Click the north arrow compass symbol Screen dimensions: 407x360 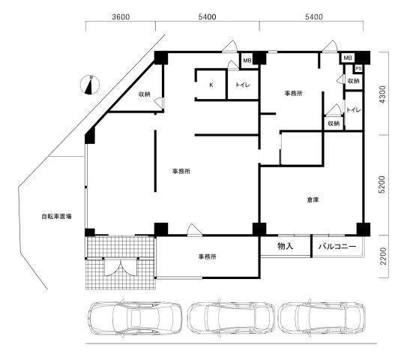pyautogui.click(x=90, y=85)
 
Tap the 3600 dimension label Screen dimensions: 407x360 pyautogui.click(x=121, y=17)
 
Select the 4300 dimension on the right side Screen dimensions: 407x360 pyautogui.click(x=383, y=94)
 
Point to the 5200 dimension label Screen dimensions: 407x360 pyautogui.click(x=382, y=184)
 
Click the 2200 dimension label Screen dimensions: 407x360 pyautogui.click(x=383, y=256)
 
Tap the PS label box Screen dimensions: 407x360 pyautogui.click(x=358, y=69)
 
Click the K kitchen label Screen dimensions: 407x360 pyautogui.click(x=211, y=85)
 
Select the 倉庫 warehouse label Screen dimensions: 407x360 pyautogui.click(x=313, y=199)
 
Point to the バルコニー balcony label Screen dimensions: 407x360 pyautogui.click(x=337, y=246)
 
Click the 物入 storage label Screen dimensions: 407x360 pyautogui.click(x=286, y=246)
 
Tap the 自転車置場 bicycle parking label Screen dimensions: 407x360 pyautogui.click(x=56, y=216)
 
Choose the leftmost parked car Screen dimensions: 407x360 pyautogui.click(x=135, y=318)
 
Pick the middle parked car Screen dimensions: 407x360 pyautogui.click(x=231, y=318)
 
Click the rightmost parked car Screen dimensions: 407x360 pyautogui.click(x=322, y=318)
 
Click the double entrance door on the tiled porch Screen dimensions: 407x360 pyautogui.click(x=121, y=268)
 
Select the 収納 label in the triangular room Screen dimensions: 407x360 pyautogui.click(x=145, y=94)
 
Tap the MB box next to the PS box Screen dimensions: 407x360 pyautogui.click(x=348, y=58)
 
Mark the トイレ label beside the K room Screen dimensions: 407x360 pyautogui.click(x=243, y=85)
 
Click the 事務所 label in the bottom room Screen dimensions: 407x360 pyautogui.click(x=207, y=257)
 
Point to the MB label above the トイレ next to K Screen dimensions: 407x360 pyautogui.click(x=247, y=61)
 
